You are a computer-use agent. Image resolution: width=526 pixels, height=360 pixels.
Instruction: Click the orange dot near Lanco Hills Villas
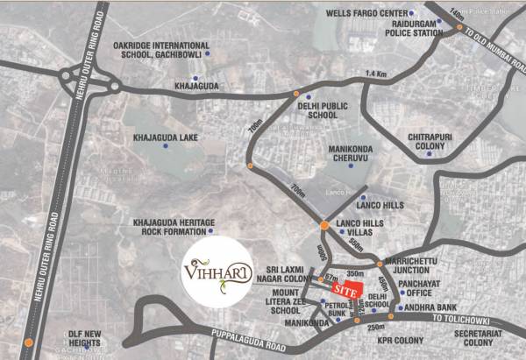324,226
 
